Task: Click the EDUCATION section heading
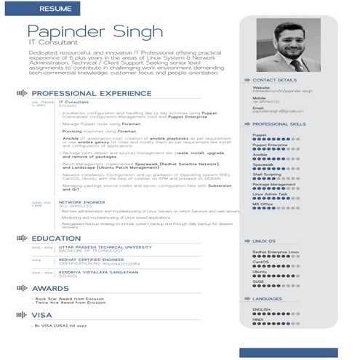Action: [x=55, y=238]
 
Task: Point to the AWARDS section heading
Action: [x=50, y=288]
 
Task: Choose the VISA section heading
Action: [x=42, y=315]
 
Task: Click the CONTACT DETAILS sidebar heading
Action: [x=275, y=79]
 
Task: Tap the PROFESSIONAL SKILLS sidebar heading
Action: [x=279, y=125]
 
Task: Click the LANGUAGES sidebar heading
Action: [x=268, y=298]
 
